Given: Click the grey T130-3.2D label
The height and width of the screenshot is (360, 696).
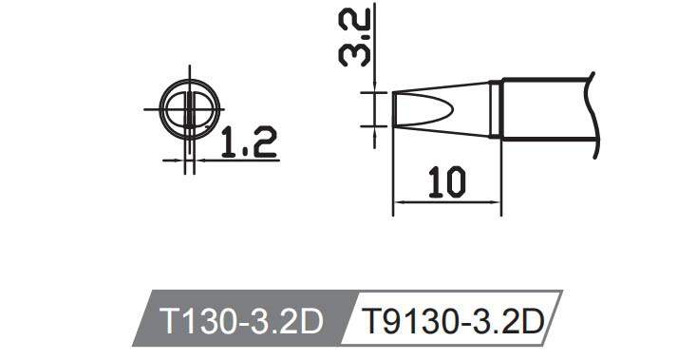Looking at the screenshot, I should [242, 323].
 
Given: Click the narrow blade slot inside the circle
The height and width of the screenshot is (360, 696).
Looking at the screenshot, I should [191, 110].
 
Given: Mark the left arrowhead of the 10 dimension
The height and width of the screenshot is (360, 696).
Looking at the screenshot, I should [399, 201].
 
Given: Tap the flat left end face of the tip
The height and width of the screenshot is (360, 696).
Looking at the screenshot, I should [393, 109].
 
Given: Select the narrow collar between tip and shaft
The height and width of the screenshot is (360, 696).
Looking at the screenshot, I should [496, 110].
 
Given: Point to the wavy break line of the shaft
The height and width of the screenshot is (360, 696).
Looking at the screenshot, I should [594, 109].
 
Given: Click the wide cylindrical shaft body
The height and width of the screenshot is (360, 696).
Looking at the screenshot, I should [546, 110].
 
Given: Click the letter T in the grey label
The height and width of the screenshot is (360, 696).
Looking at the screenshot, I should [173, 323].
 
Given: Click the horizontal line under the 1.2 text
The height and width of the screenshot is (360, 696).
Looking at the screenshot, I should [237, 161].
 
